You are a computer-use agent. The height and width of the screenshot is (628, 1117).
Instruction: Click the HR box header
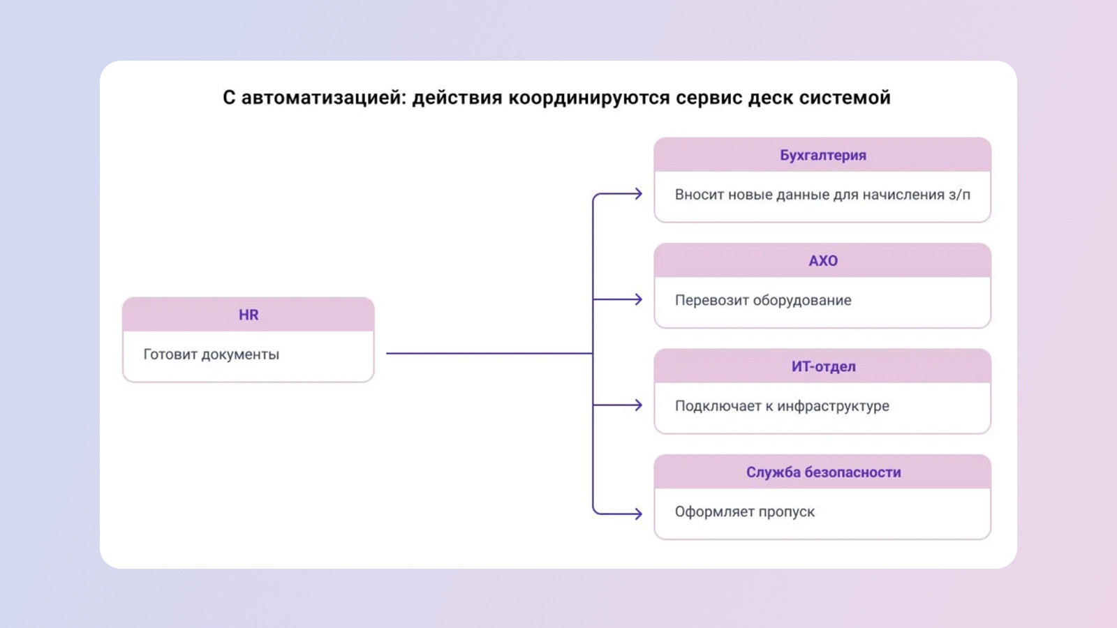(249, 315)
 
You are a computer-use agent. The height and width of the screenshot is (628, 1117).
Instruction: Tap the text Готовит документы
(211, 354)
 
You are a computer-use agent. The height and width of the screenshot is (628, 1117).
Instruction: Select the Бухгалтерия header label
(822, 155)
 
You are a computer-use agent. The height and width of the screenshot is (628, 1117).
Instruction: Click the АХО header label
(822, 261)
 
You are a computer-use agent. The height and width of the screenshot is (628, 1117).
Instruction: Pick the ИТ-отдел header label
(822, 366)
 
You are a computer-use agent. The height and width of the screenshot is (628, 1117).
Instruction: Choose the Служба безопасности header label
(822, 472)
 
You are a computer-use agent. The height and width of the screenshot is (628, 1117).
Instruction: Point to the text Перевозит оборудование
(762, 300)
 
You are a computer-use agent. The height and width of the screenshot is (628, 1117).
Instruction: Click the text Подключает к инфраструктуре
(781, 406)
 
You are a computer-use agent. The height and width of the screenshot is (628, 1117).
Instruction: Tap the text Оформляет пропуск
(744, 511)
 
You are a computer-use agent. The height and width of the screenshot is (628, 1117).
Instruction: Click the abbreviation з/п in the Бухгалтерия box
(959, 195)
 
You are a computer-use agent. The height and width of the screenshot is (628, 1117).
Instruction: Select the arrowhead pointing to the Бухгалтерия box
(638, 194)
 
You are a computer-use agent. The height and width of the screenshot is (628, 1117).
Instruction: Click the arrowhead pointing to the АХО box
(638, 299)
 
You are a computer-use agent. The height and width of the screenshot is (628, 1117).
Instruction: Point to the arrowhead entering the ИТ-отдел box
(638, 405)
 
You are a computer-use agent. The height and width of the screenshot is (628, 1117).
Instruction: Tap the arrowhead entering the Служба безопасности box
(638, 514)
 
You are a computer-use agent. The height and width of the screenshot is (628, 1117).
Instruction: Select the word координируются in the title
(589, 98)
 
